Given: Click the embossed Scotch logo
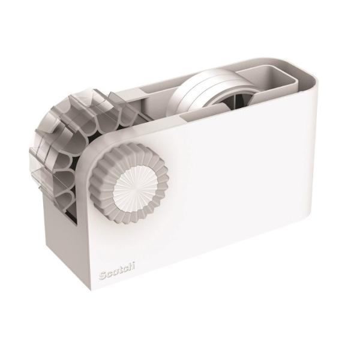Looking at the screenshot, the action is (116, 270).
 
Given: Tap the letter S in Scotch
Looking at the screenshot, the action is (102, 275).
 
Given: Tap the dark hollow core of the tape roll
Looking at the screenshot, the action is (232, 100).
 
